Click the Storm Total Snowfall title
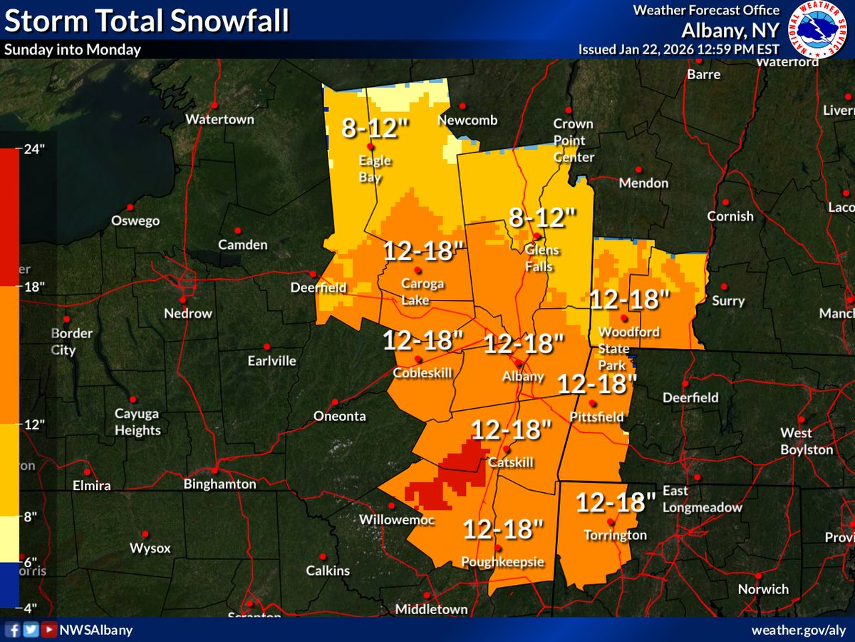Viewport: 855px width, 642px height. click(147, 21)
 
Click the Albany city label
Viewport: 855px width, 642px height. click(523, 376)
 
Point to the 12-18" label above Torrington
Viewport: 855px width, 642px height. click(616, 502)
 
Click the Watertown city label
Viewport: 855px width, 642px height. click(219, 119)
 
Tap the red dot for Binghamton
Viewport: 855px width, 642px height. click(214, 471)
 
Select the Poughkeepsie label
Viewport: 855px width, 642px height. click(504, 562)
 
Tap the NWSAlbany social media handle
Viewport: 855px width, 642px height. click(96, 631)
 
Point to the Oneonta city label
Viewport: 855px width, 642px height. click(340, 416)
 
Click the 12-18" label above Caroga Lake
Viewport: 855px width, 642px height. click(425, 251)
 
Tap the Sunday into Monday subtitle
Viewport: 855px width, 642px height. click(73, 49)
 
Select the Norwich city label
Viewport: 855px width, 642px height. click(763, 588)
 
